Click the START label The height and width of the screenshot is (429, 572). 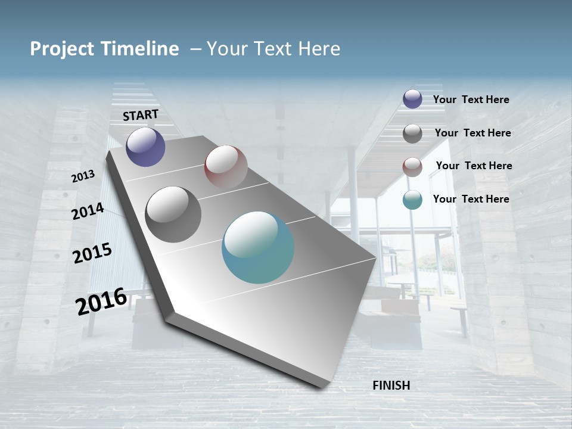141,114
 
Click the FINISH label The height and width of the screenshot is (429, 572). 391,386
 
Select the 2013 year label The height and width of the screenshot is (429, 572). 83,176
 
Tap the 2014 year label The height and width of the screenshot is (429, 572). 88,212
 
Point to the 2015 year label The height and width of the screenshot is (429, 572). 92,253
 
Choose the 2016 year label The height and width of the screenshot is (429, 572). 101,301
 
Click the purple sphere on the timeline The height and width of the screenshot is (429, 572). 145,147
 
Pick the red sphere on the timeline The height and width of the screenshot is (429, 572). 226,167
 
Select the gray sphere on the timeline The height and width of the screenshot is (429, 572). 173,214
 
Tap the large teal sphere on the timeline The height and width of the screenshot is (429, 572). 258,247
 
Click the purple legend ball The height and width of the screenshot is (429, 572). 412,99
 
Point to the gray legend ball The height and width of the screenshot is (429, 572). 412,133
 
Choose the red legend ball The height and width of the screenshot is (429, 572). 412,167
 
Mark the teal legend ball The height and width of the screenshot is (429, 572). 412,200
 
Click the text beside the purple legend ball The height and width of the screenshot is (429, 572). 471,100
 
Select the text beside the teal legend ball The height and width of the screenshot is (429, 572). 471,199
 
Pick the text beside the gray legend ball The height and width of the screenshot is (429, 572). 473,133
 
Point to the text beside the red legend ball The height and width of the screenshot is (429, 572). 474,166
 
